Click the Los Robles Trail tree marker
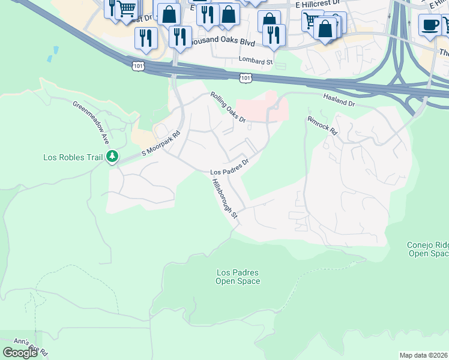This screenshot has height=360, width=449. (112, 157)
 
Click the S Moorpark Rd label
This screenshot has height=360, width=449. (161, 145)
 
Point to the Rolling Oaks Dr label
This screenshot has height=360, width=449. (228, 107)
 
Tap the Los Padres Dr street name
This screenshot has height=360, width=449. (229, 167)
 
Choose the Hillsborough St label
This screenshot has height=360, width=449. (225, 201)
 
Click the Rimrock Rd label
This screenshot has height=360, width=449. (322, 125)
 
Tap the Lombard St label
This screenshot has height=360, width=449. (255, 61)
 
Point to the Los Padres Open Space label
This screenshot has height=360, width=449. (238, 277)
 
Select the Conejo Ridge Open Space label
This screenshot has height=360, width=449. (427, 249)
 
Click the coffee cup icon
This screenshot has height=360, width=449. (429, 26)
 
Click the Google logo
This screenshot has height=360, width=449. (20, 353)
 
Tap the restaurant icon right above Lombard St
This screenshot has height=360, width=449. (273, 35)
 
